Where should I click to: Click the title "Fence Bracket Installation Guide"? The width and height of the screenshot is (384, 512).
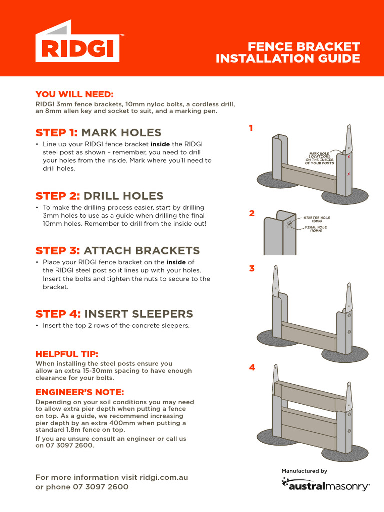pyautogui.click(x=288, y=52)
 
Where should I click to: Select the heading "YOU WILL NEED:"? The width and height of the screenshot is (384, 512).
pyautogui.click(x=74, y=94)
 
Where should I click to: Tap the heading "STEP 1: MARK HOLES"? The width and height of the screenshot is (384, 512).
pyautogui.click(x=98, y=132)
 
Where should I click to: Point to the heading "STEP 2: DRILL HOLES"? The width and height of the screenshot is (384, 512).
pyautogui.click(x=99, y=195)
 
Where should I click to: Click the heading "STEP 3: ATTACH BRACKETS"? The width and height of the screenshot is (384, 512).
pyautogui.click(x=117, y=250)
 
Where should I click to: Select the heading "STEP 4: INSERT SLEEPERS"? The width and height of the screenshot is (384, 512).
pyautogui.click(x=114, y=314)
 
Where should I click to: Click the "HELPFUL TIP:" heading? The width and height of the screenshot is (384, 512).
pyautogui.click(x=70, y=354)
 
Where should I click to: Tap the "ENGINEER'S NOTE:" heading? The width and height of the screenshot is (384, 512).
pyautogui.click(x=80, y=392)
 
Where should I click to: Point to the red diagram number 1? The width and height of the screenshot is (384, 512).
pyautogui.click(x=251, y=128)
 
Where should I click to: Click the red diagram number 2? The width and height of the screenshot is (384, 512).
pyautogui.click(x=252, y=213)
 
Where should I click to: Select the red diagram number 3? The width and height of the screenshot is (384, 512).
pyautogui.click(x=252, y=268)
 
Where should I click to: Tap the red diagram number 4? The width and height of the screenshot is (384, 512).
pyautogui.click(x=252, y=367)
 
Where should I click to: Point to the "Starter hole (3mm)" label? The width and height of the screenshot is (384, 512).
pyautogui.click(x=316, y=219)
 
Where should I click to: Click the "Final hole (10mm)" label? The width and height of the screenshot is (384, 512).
pyautogui.click(x=316, y=229)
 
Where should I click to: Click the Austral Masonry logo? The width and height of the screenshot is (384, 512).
pyautogui.click(x=325, y=484)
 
